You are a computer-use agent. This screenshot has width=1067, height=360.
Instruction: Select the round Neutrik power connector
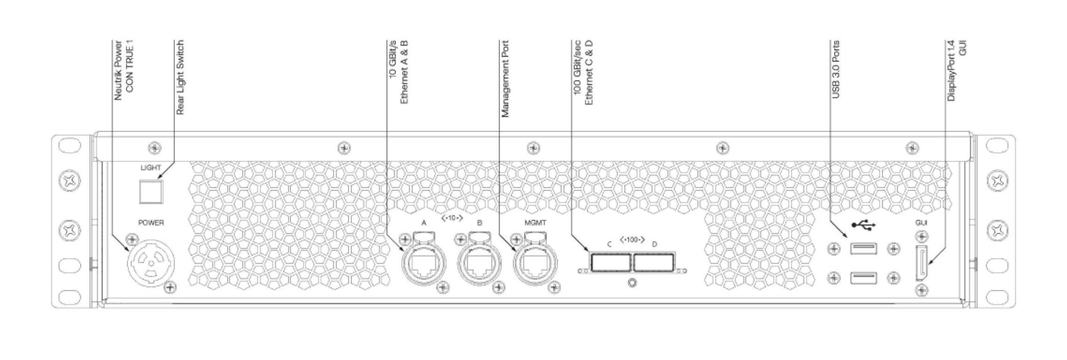tap(151, 263)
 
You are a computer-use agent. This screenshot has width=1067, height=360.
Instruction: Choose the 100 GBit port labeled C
tap(611, 263)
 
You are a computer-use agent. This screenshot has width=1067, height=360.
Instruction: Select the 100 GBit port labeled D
tap(653, 263)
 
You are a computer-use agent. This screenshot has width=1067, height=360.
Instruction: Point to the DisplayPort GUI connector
tap(921, 263)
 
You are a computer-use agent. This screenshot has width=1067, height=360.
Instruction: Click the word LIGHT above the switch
tap(150, 168)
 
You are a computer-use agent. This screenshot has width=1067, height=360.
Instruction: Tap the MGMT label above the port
tap(535, 223)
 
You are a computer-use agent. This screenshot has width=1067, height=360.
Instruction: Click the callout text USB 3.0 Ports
tap(836, 70)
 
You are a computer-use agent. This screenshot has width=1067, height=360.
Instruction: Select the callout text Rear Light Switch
tap(180, 77)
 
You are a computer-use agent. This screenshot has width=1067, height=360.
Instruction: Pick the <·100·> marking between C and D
tap(632, 240)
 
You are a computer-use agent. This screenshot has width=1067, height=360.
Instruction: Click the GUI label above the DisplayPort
tap(921, 223)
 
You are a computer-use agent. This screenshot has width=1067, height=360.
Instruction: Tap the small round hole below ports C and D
tap(632, 283)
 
